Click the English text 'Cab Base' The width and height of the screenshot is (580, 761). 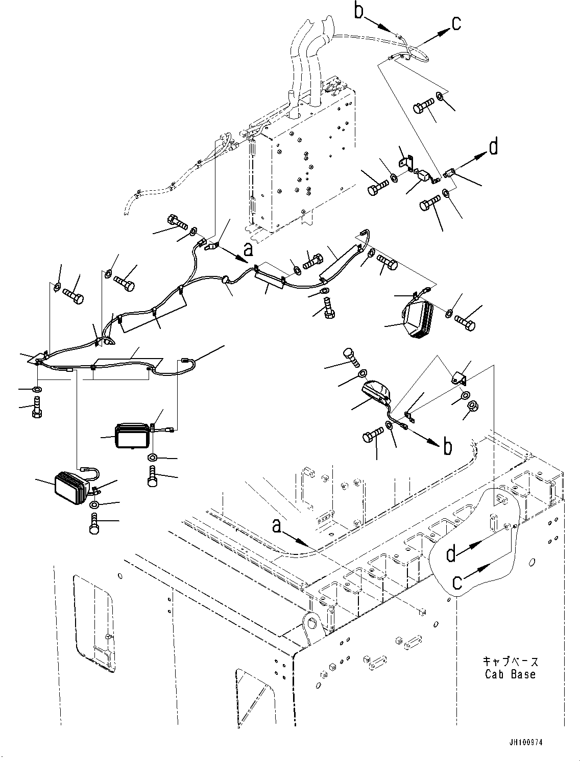510,674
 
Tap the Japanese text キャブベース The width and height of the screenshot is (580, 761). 510,662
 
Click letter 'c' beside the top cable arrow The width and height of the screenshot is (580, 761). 456,22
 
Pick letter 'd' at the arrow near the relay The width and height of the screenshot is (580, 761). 493,147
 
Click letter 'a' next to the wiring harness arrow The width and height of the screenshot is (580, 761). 248,249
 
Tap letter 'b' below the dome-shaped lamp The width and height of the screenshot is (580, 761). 447,447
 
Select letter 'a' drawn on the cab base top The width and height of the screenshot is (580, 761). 276,525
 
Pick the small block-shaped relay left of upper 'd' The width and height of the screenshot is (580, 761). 424,176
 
